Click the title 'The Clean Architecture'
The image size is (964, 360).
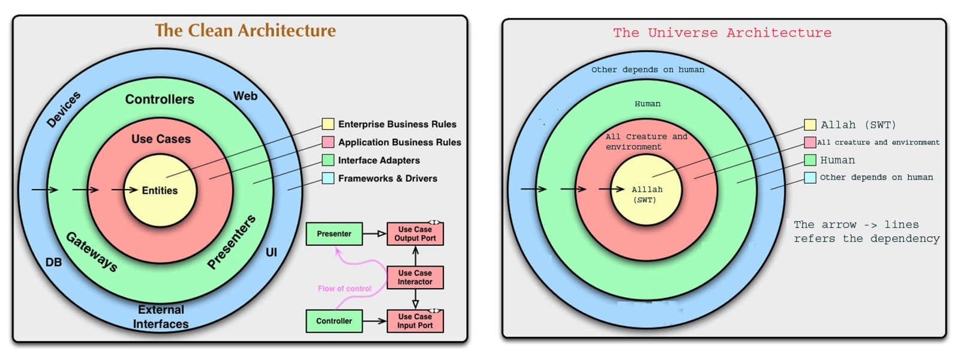pyautogui.click(x=245, y=31)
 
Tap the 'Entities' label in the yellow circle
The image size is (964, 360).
pyautogui.click(x=160, y=191)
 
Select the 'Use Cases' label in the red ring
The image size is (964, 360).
pyautogui.click(x=161, y=139)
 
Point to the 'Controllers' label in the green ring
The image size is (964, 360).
pyautogui.click(x=160, y=100)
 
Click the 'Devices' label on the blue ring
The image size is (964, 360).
pyautogui.click(x=64, y=110)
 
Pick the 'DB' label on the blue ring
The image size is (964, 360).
pyautogui.click(x=53, y=262)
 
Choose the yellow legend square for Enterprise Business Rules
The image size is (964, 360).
pyautogui.click(x=328, y=124)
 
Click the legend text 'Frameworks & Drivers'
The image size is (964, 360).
pyautogui.click(x=388, y=178)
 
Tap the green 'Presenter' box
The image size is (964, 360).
pyautogui.click(x=334, y=234)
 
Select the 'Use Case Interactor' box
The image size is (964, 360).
pyautogui.click(x=415, y=277)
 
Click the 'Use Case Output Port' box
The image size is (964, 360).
pyautogui.click(x=415, y=234)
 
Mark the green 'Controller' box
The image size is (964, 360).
pyautogui.click(x=334, y=321)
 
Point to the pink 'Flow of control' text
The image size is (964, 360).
pyautogui.click(x=344, y=289)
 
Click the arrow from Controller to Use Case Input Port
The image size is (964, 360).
pyautogui.click(x=374, y=321)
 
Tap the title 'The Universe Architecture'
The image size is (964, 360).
pyautogui.click(x=722, y=33)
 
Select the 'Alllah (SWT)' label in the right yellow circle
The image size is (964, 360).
pyautogui.click(x=646, y=194)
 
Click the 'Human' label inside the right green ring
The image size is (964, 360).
pyautogui.click(x=647, y=104)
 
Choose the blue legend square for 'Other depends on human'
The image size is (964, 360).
pyautogui.click(x=810, y=178)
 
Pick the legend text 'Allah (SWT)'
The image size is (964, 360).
pyautogui.click(x=858, y=125)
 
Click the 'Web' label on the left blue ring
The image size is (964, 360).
pyautogui.click(x=245, y=96)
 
